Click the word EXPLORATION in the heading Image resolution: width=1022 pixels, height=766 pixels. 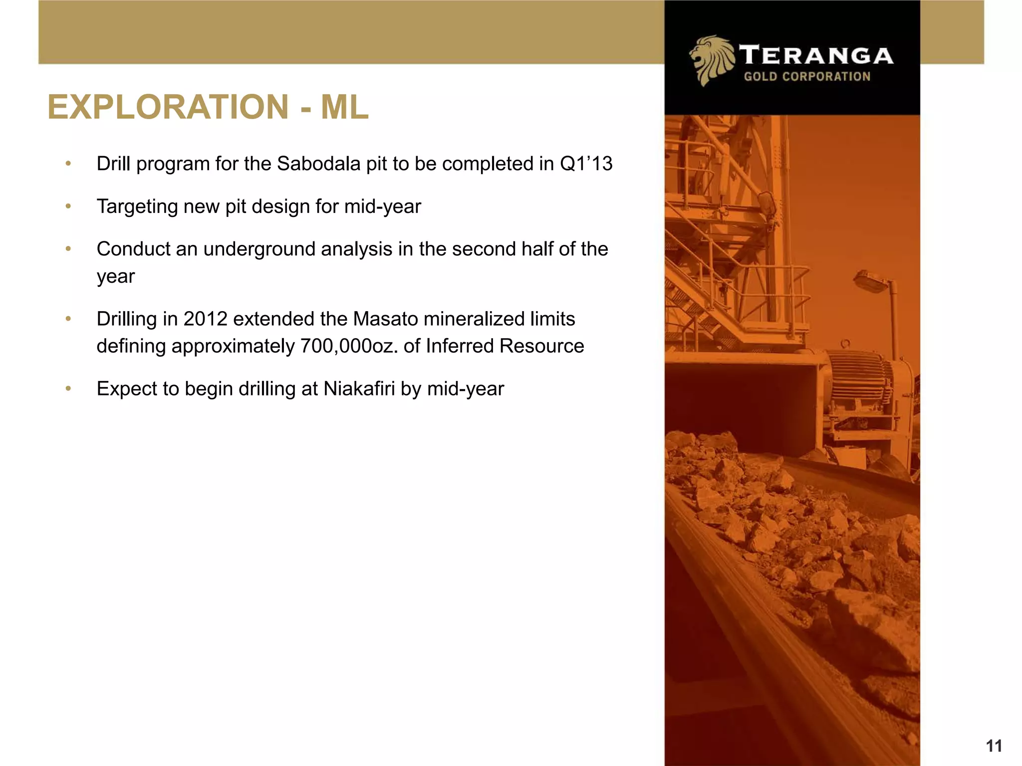[x=168, y=107]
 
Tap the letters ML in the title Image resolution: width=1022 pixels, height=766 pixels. [x=344, y=107]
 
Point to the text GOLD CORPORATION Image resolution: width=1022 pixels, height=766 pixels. [x=807, y=77]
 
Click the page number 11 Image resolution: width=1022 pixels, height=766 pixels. [x=994, y=746]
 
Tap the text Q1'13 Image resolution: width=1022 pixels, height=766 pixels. [x=586, y=164]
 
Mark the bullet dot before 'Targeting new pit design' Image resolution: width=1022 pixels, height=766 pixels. [x=68, y=206]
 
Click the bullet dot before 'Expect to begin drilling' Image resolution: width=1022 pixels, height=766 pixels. [x=68, y=388]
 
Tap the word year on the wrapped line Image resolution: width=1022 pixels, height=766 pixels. [x=116, y=276]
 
